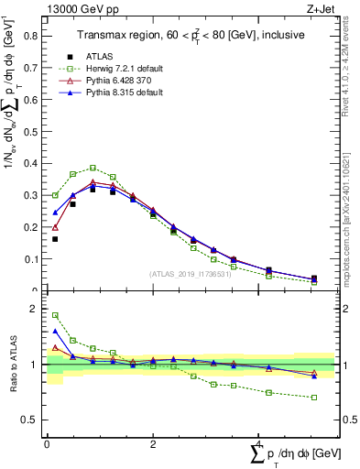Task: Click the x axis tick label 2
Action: [x=152, y=445]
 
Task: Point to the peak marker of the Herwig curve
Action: [x=93, y=168]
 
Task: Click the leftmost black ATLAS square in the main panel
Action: [x=55, y=239]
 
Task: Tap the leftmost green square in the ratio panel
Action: [x=55, y=315]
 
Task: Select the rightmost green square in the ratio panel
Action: [x=314, y=398]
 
